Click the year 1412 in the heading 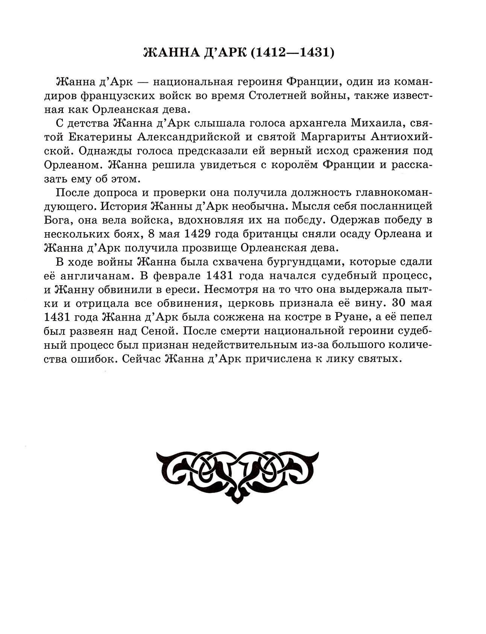267,52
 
